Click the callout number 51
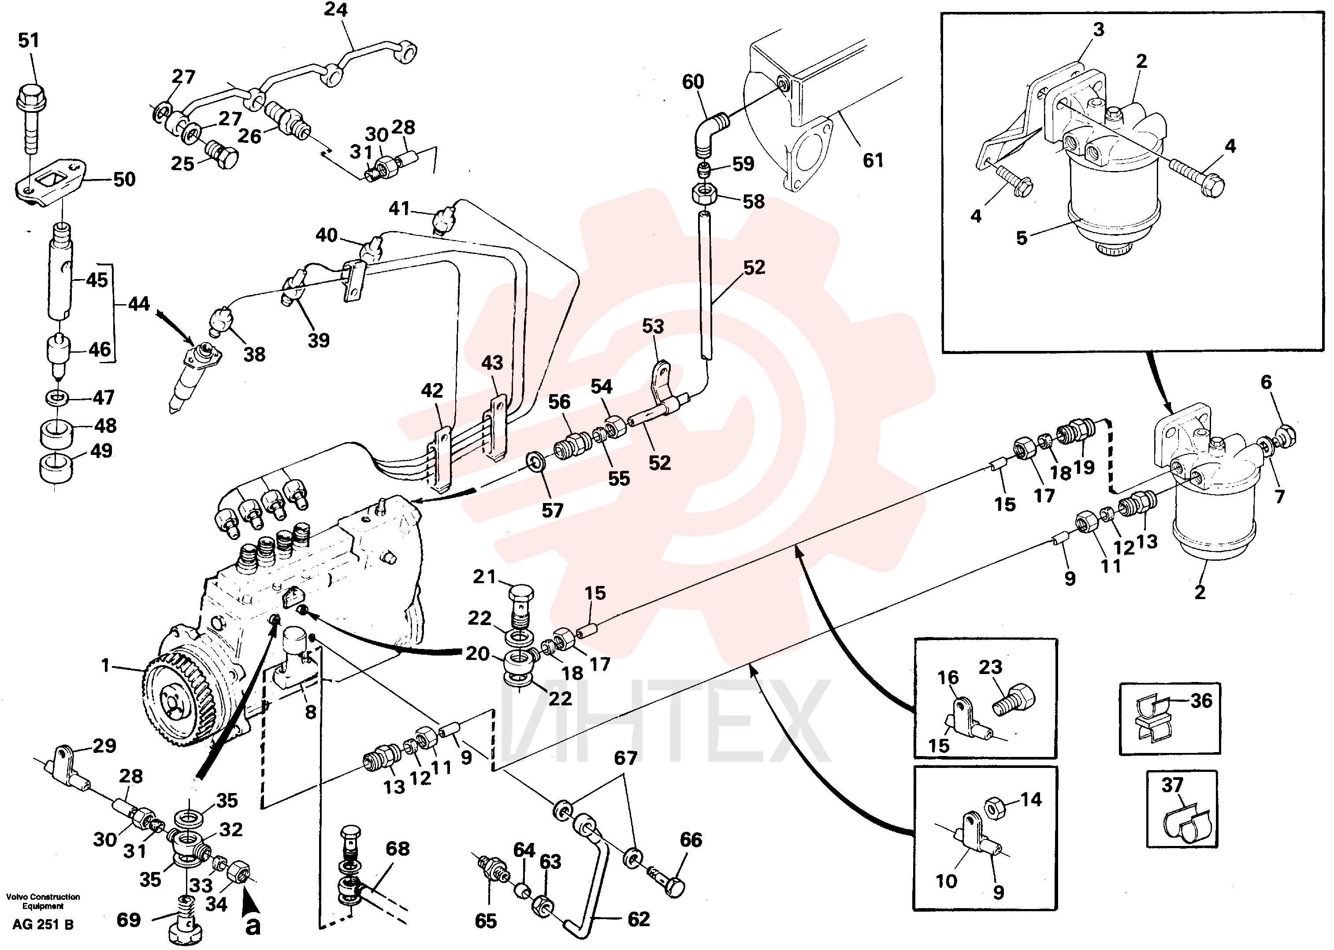[29, 41]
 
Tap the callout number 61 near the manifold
[873, 160]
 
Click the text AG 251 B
[43, 925]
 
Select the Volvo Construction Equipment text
[43, 902]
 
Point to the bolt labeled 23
[1014, 700]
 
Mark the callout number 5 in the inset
[1021, 238]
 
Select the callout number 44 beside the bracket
[139, 304]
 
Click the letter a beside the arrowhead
[253, 927]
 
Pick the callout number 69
[129, 920]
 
